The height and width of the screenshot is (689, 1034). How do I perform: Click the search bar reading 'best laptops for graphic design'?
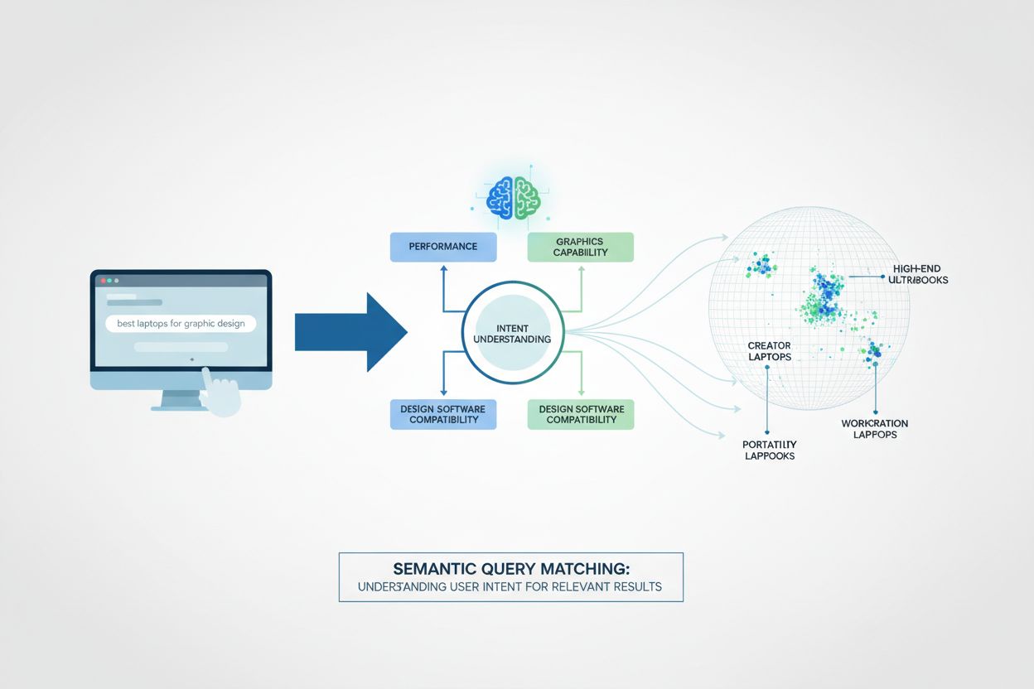pos(181,324)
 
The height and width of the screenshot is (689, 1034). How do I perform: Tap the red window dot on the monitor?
pos(104,281)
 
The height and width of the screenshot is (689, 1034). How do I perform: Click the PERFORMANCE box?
pos(442,247)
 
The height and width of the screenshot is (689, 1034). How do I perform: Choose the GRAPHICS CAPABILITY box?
pos(580,247)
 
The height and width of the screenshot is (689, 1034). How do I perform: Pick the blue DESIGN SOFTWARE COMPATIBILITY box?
pos(442,414)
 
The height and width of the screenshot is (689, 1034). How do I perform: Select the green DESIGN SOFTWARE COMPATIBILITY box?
pos(580,414)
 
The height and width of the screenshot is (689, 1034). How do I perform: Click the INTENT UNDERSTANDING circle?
pos(511,333)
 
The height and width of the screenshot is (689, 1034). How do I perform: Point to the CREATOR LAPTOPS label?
pos(769,351)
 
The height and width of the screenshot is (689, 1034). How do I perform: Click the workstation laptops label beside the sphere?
pos(874,428)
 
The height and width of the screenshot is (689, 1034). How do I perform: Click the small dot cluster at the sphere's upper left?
pos(761,266)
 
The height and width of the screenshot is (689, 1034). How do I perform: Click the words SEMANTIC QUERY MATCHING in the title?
pos(511,570)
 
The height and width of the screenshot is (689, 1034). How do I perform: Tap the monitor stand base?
pos(181,407)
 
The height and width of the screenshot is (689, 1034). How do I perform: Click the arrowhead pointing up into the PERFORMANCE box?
pos(443,267)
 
